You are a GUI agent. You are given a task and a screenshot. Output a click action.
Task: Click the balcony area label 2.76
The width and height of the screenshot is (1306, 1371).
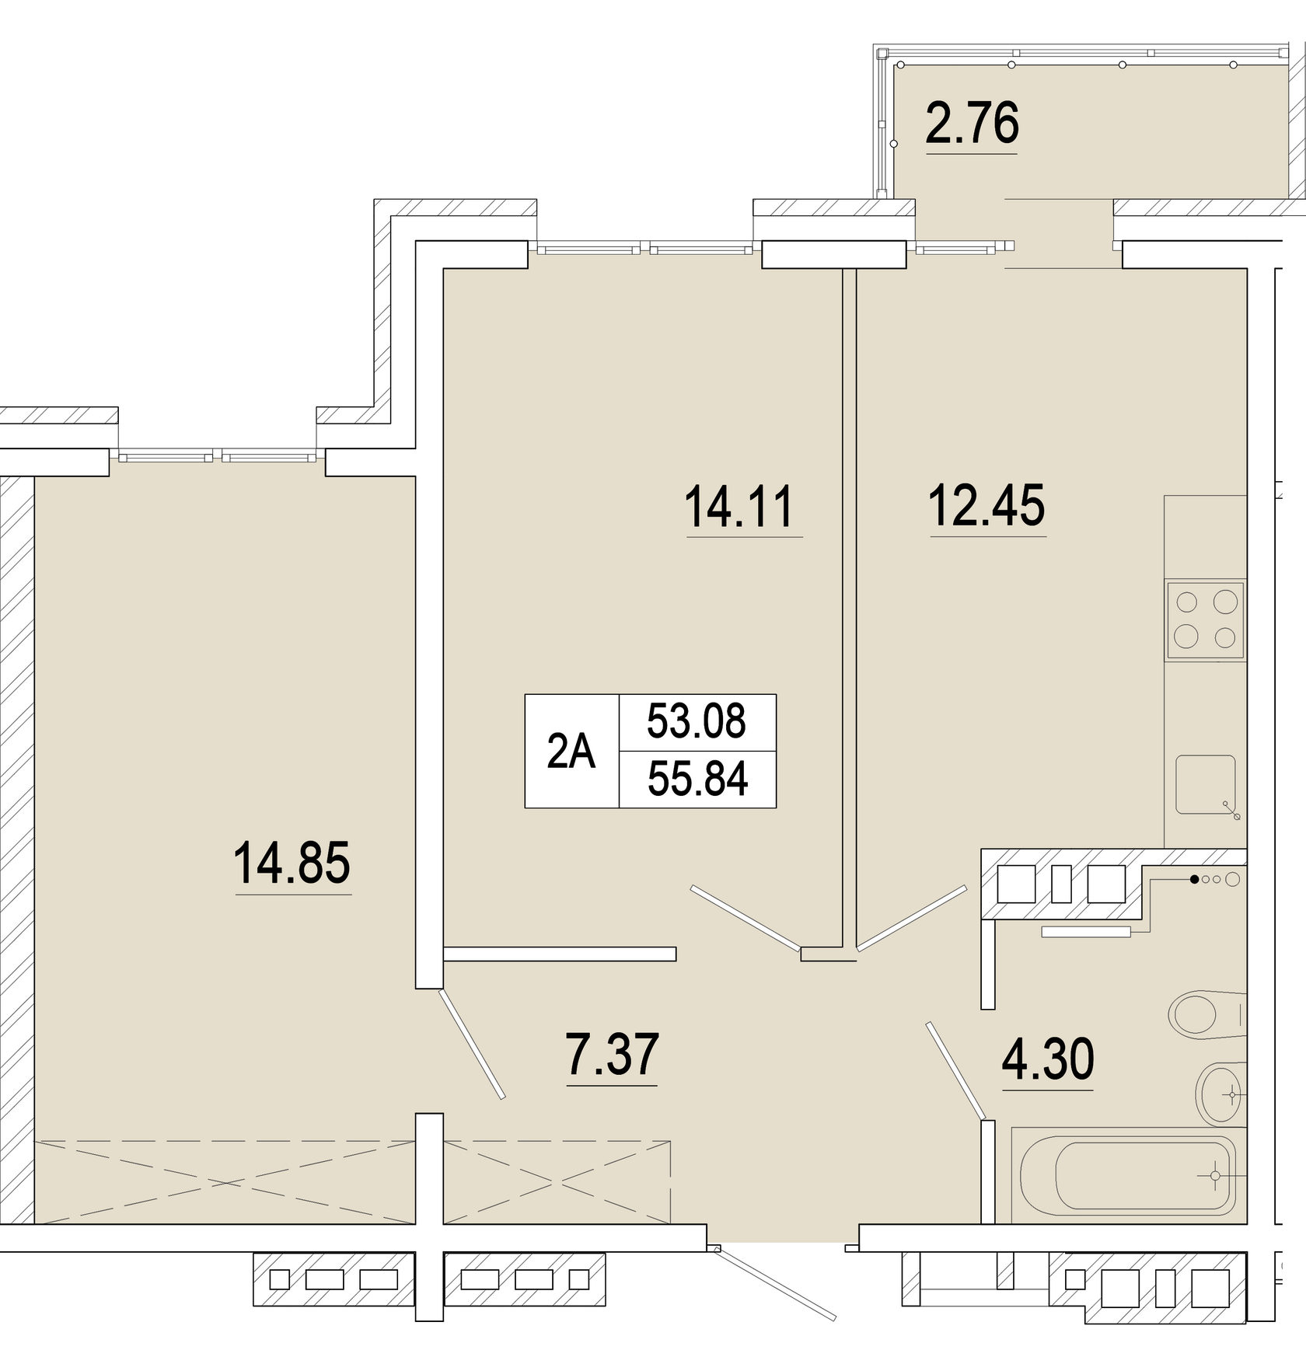[972, 124]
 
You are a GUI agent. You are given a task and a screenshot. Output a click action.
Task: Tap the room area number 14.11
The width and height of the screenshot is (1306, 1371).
[739, 506]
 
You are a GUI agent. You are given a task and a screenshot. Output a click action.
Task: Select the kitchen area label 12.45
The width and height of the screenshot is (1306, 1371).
[987, 505]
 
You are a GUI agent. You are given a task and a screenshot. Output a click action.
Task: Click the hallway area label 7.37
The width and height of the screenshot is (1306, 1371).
[613, 1055]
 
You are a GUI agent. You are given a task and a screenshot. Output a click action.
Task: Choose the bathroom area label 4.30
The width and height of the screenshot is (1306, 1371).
[1048, 1059]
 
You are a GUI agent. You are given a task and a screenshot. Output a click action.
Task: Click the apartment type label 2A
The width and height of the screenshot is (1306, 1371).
[571, 752]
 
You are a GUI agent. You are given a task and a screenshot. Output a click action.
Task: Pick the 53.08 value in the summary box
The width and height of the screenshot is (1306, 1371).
[697, 721]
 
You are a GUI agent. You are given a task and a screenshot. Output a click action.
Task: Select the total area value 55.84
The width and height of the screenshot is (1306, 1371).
[697, 780]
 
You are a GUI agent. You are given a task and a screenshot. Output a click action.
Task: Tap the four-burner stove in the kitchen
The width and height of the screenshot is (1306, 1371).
[1205, 621]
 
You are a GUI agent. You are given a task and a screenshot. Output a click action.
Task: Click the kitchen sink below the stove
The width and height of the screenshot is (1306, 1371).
[1206, 785]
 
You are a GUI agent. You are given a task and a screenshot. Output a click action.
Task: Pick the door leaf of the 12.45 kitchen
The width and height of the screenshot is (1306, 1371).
[911, 917]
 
